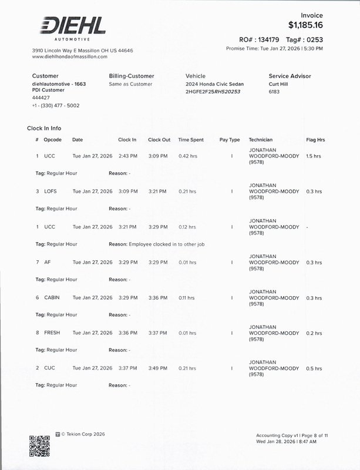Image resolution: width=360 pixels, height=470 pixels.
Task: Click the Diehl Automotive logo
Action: click(73, 27)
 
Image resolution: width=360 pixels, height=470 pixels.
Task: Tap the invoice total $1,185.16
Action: click(305, 25)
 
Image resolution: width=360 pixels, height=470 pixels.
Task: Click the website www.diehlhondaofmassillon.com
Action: click(70, 57)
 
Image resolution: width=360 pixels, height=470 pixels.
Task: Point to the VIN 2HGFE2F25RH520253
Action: click(213, 92)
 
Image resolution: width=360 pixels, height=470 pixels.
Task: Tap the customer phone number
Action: click(56, 106)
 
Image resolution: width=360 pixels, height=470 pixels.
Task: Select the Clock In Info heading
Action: click(44, 128)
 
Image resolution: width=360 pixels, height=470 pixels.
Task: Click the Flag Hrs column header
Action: click(315, 140)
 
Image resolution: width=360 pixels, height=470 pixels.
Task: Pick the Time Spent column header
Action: click(191, 140)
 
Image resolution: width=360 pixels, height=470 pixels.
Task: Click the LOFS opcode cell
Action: click(51, 192)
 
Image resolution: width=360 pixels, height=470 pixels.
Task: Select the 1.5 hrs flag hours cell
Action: click(314, 156)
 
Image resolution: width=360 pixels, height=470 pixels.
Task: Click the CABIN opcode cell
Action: click(52, 298)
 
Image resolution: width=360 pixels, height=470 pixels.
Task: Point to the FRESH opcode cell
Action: click(52, 333)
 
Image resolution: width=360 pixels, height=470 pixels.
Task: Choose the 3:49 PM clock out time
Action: click(157, 368)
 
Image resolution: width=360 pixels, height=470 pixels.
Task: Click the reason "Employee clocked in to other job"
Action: click(166, 244)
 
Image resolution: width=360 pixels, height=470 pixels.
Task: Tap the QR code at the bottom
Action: click(39, 446)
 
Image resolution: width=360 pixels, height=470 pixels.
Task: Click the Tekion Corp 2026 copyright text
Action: click(83, 434)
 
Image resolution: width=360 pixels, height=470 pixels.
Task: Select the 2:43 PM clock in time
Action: click(127, 156)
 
